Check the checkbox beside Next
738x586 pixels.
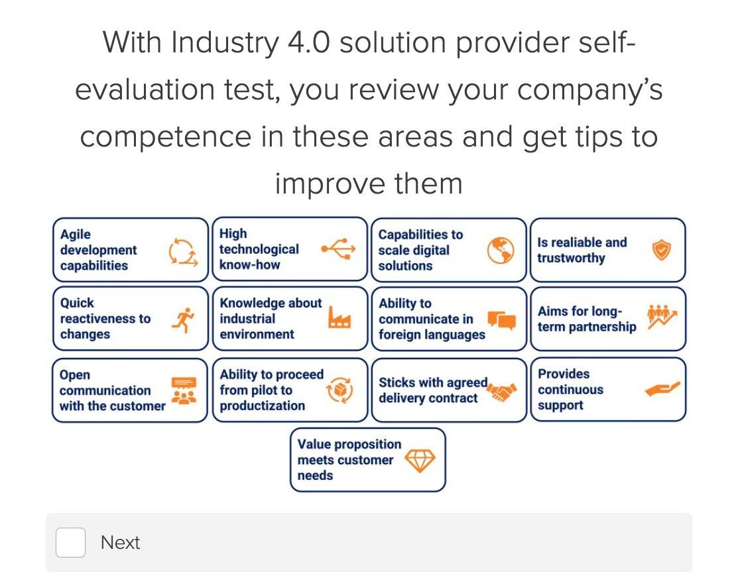click(70, 543)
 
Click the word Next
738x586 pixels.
click(120, 543)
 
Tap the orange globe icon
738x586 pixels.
click(501, 251)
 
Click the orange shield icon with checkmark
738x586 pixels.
click(661, 251)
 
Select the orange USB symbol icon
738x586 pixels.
click(338, 249)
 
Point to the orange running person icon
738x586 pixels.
click(181, 320)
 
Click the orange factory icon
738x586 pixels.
click(339, 320)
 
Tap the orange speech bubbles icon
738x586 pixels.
click(501, 320)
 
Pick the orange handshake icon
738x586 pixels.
click(501, 392)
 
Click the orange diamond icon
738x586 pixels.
click(420, 460)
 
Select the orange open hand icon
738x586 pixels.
click(662, 390)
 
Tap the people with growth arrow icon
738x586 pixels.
click(662, 318)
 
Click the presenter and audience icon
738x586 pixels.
click(184, 390)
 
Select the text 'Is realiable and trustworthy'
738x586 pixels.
click(582, 251)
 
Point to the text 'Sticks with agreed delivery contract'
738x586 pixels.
click(432, 390)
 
